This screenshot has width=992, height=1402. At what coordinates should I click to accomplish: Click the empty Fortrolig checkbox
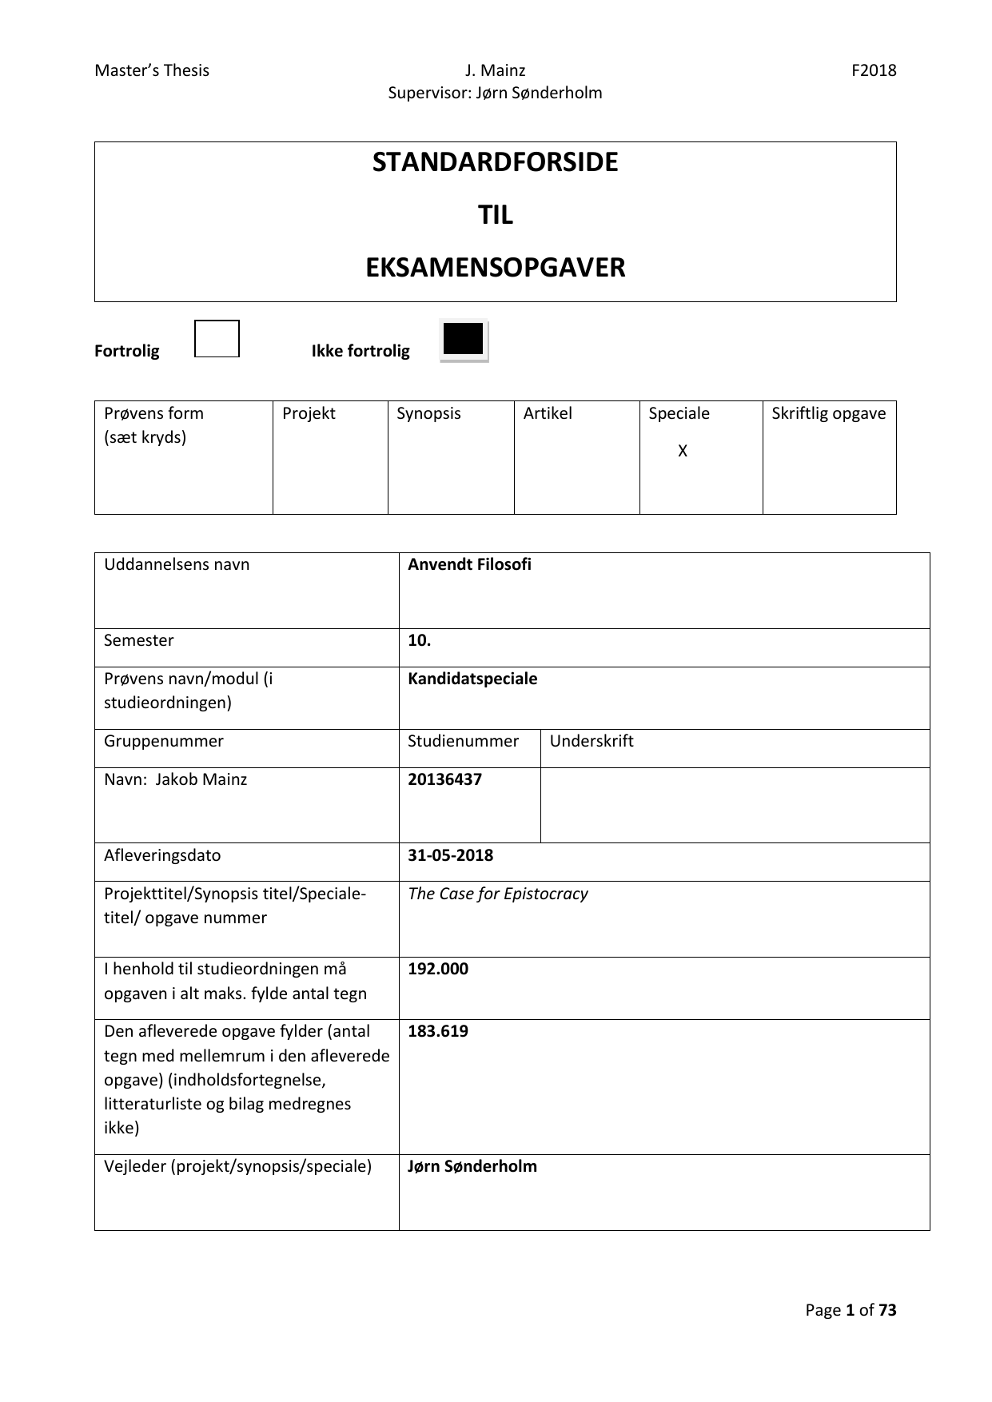pos(217,339)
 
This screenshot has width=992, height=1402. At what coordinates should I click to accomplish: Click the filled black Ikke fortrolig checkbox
pos(464,340)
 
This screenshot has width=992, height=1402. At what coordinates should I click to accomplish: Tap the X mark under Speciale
pos(683,452)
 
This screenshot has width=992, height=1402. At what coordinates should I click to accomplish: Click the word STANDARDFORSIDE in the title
pos(495,162)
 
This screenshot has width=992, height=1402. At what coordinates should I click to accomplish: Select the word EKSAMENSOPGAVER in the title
pos(495,268)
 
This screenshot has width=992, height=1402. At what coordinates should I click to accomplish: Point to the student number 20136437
pos(444,779)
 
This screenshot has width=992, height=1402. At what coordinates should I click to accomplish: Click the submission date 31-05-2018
pos(450,855)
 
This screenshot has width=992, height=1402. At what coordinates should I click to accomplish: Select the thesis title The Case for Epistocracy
pos(497,894)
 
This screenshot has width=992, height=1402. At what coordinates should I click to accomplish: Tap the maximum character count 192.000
pos(438,969)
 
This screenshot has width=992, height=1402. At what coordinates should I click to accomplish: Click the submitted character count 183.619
pos(438,1031)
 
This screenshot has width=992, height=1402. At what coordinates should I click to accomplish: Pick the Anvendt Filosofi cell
pos(469,564)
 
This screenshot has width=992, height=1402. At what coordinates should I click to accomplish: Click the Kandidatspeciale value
pos(472,679)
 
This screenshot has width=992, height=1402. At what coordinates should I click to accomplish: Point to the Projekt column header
pos(309,413)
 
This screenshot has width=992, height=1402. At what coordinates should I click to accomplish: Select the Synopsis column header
pos(428,413)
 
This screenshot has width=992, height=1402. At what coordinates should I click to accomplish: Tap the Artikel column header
pos(548,413)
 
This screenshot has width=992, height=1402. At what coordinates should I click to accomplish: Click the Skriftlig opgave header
pos(829,413)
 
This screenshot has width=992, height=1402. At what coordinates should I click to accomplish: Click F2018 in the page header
pos(874,70)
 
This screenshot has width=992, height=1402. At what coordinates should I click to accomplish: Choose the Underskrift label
pos(592,741)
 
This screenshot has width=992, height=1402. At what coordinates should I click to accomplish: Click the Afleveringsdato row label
pos(162,855)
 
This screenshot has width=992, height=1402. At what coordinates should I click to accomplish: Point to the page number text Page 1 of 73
pos(851,1310)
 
